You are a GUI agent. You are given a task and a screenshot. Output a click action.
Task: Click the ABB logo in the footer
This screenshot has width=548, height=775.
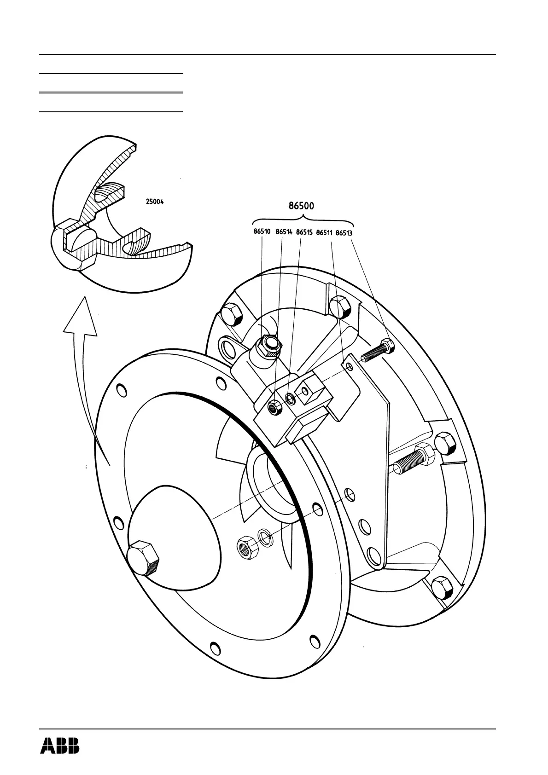[60, 746]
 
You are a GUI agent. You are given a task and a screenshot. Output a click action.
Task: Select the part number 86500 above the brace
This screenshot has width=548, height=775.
[301, 206]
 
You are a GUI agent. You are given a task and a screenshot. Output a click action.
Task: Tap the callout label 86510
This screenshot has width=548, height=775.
[262, 233]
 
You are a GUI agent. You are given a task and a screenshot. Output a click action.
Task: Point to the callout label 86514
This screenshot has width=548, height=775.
[284, 233]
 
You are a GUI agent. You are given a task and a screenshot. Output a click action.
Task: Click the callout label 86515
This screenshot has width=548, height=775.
[304, 233]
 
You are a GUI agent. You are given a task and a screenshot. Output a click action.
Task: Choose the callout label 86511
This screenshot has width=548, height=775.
[324, 233]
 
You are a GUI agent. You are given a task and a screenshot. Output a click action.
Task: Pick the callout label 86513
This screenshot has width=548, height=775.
[344, 233]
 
